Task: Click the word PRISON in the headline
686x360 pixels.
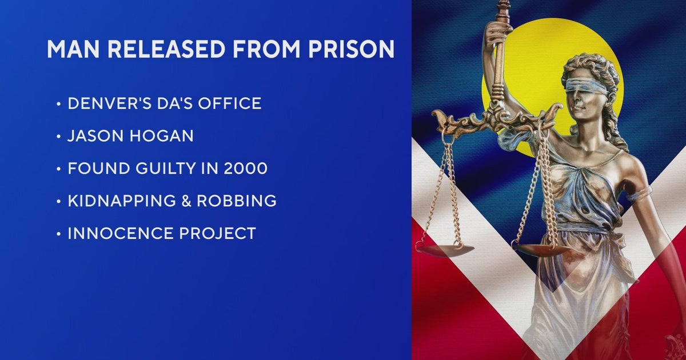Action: (x=352, y=49)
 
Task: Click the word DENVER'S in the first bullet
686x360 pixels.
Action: (x=110, y=103)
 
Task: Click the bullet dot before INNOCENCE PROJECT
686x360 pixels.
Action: (x=59, y=234)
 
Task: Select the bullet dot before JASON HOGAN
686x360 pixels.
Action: (x=59, y=137)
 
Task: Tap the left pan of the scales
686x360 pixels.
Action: (x=444, y=250)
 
